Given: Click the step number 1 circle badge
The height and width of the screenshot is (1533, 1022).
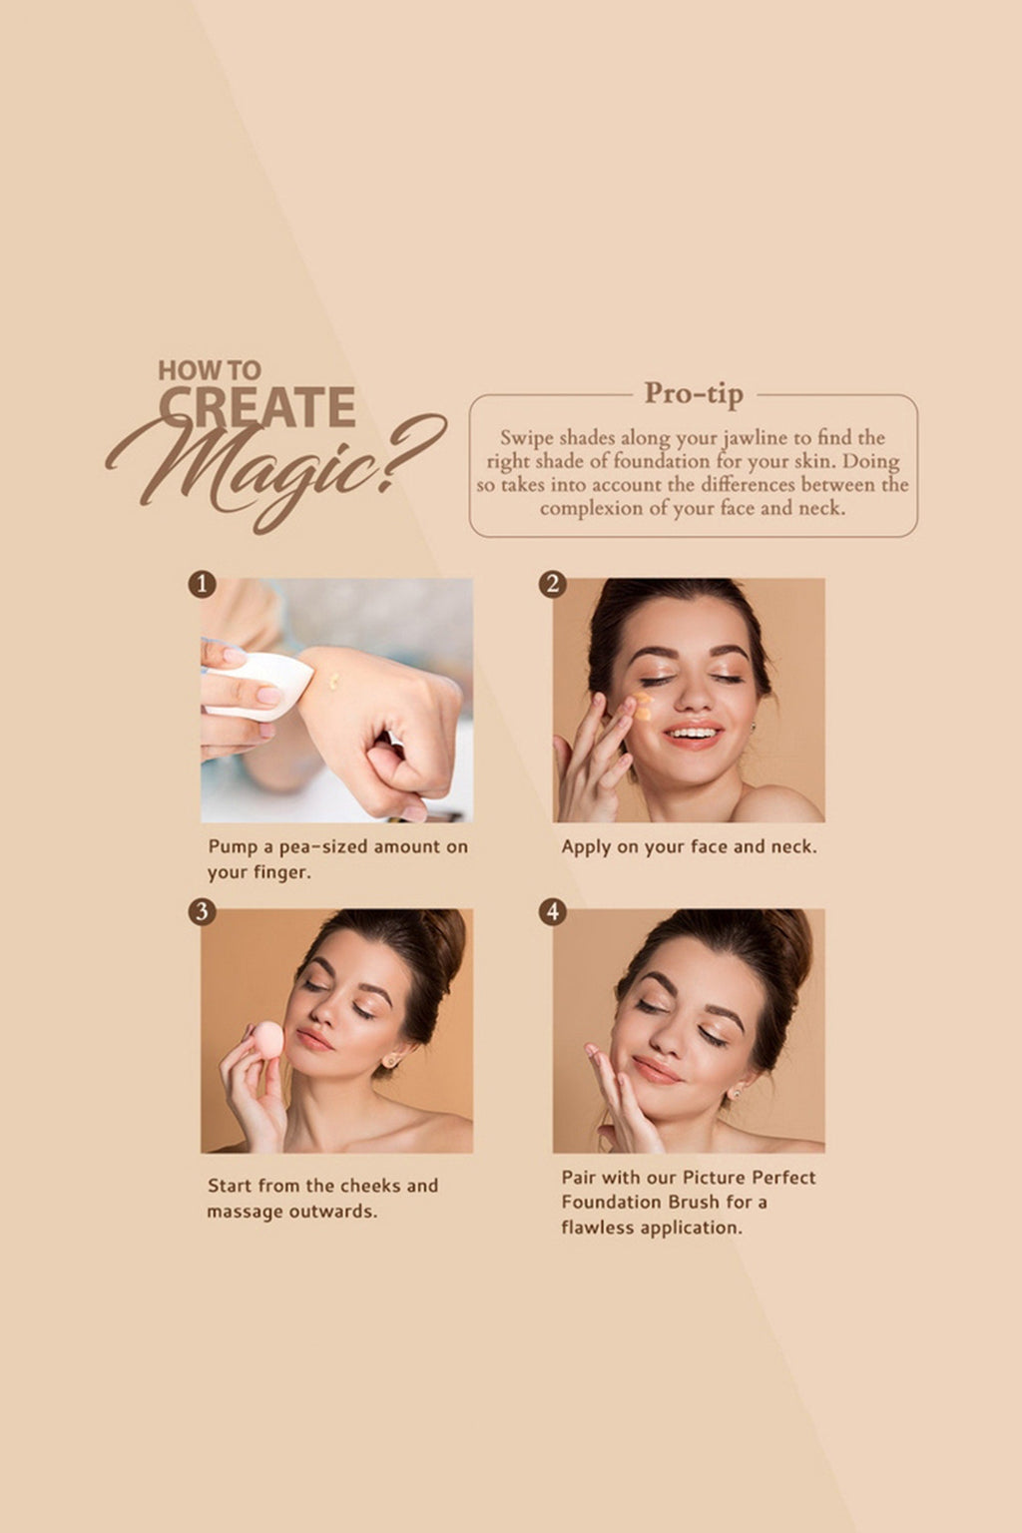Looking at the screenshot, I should tap(202, 584).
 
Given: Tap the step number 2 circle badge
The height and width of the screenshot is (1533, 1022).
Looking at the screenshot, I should tap(553, 584).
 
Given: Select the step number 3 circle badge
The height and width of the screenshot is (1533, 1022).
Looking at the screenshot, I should tap(202, 911).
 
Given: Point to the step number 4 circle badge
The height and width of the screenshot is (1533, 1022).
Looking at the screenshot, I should tap(553, 911).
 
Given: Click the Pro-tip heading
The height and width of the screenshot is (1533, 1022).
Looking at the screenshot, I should tap(694, 393).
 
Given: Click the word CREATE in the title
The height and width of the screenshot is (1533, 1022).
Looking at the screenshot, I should tap(256, 407).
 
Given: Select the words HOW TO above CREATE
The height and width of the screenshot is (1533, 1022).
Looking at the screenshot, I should tap(209, 370).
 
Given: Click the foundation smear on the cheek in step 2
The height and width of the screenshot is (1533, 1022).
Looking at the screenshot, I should tap(642, 707).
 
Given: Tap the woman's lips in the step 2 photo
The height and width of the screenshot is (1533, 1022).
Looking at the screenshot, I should tap(693, 736).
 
